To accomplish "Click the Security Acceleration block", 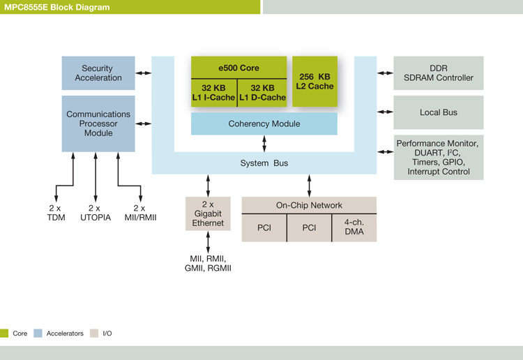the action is point(98,73).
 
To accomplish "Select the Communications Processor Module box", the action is point(98,123).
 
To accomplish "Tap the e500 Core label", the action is point(238,68).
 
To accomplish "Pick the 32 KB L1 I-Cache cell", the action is point(214,93).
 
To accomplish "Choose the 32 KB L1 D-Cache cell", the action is point(262,93).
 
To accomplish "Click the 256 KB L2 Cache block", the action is point(315,82).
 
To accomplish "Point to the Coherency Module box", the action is point(264,123).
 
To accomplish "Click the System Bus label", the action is point(264,163).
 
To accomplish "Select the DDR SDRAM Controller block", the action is point(439,73).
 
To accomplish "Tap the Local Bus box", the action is point(439,112).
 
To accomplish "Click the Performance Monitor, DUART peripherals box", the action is point(439,158).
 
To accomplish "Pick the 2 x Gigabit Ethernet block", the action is point(208,213).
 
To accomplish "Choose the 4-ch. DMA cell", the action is point(354,228).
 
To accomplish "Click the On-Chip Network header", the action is point(309,205).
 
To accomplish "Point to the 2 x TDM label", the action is point(56,213).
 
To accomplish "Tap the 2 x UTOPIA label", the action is point(96,213).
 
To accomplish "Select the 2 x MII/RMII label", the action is point(140,213).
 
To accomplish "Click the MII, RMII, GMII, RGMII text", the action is point(208,263).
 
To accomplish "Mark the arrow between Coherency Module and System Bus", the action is point(264,144).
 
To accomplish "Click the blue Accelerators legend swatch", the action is point(38,333).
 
